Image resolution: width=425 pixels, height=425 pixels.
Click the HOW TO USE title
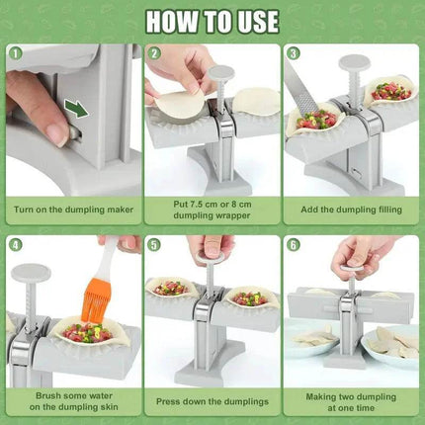pos(212,21)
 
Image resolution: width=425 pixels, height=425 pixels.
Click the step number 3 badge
pos(295,55)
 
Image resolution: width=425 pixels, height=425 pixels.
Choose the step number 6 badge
pos(295,245)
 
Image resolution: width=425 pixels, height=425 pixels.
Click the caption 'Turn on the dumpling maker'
pos(70,210)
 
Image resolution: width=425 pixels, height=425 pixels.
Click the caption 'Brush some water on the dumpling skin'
pos(70,400)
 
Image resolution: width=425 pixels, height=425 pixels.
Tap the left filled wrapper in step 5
pos(170,291)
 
